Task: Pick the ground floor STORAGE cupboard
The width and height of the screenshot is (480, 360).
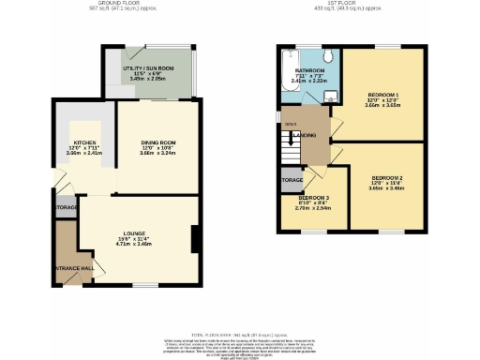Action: click(x=66, y=207)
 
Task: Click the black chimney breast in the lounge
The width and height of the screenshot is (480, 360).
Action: click(x=193, y=239)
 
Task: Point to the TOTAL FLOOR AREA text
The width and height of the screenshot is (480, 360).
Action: click(x=240, y=334)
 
